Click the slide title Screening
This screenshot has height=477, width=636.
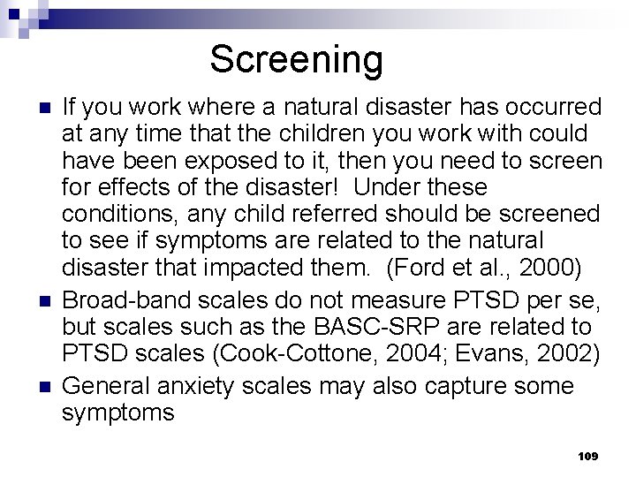coord(296,60)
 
